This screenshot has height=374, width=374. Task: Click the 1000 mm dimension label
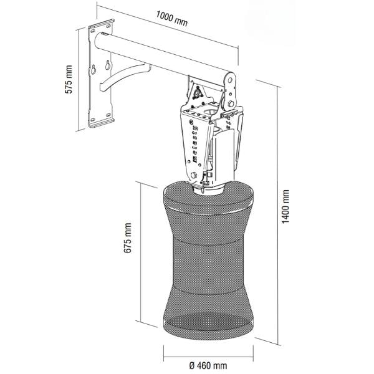click(x=172, y=19)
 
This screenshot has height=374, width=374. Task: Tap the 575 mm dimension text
click(x=69, y=79)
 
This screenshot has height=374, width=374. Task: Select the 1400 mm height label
click(x=285, y=206)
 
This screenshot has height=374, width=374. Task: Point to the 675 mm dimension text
click(x=128, y=237)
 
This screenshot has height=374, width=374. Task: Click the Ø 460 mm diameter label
click(x=208, y=365)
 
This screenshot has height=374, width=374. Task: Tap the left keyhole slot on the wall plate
click(x=93, y=69)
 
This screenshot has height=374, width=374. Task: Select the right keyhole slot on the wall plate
click(x=108, y=65)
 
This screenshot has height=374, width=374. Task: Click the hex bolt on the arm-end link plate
click(x=231, y=103)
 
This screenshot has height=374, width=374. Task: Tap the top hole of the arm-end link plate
click(x=230, y=80)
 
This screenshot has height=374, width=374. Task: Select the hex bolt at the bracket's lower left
click(x=193, y=175)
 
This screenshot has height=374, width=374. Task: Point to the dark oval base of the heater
click(x=208, y=322)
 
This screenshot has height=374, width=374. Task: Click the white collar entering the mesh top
click(x=209, y=189)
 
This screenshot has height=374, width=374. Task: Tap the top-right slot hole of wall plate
click(x=108, y=26)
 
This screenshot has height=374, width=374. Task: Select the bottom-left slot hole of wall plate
click(x=93, y=119)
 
